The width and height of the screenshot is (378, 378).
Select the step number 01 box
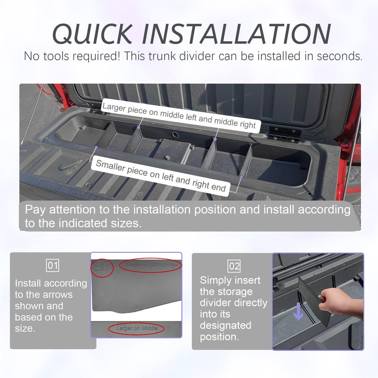53,265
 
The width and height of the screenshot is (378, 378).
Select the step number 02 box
234,266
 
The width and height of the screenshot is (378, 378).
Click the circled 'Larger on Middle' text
137,328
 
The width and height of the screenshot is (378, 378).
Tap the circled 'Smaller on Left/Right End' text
151,265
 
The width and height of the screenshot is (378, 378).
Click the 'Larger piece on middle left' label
179,116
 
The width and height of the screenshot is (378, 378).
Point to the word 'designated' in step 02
226,326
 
